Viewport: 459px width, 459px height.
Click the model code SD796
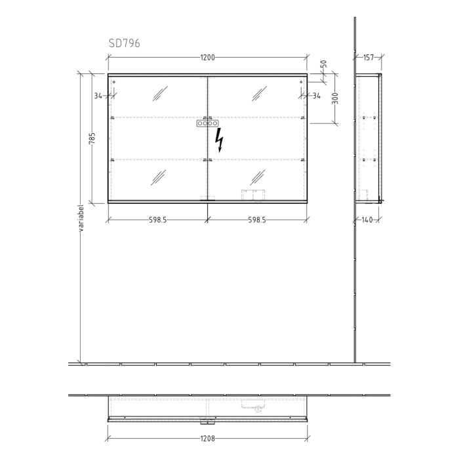(124, 43)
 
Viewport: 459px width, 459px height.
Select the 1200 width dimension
(207, 58)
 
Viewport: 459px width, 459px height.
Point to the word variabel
(81, 218)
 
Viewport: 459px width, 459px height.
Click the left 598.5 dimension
(157, 220)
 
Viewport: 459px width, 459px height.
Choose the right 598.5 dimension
(257, 220)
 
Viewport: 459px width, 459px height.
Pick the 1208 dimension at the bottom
(207, 438)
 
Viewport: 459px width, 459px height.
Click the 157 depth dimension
(368, 58)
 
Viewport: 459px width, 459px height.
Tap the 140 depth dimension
(367, 220)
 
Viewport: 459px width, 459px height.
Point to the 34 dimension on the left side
(98, 96)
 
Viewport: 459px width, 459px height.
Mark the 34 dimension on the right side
(317, 96)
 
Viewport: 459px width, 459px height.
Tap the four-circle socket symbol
(207, 123)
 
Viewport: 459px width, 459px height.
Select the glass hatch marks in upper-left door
(160, 93)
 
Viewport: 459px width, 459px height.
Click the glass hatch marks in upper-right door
(258, 93)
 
